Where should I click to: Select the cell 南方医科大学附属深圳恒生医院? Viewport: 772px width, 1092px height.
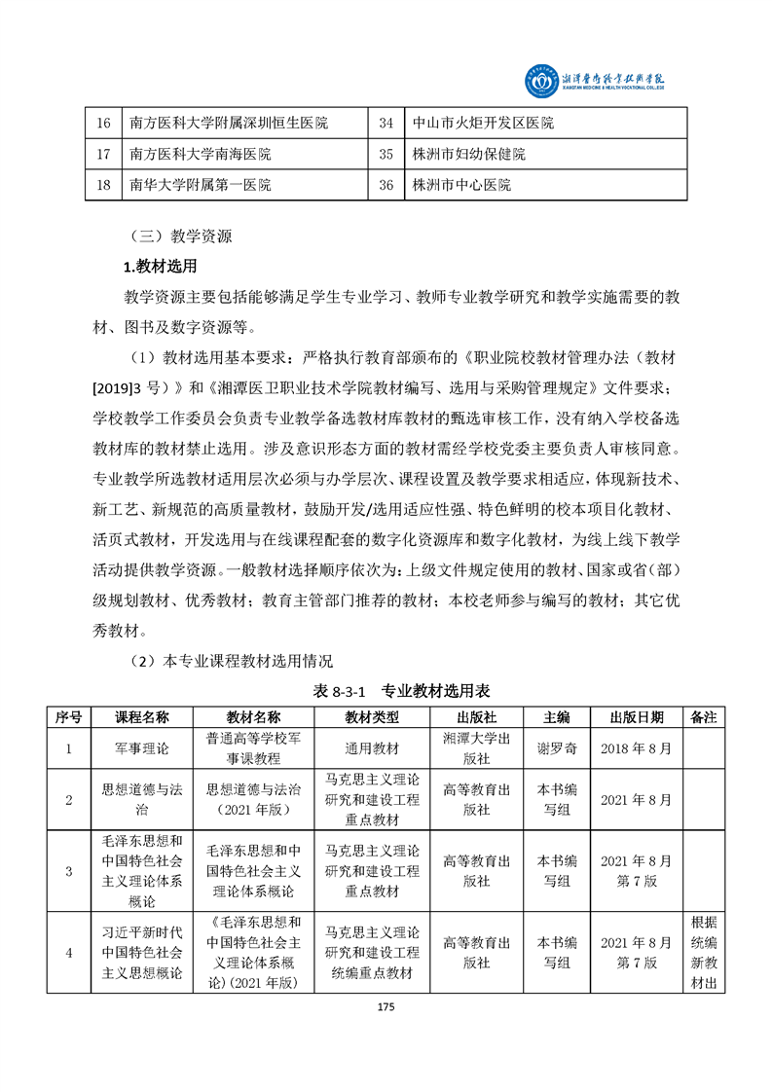(228, 124)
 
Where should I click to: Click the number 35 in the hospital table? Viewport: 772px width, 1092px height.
(386, 154)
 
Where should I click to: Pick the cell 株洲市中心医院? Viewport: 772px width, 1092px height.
(460, 184)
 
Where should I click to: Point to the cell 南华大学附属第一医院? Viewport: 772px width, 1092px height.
(200, 184)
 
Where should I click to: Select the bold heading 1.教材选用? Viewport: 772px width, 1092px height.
(160, 266)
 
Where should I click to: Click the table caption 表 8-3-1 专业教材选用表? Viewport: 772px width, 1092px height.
(401, 691)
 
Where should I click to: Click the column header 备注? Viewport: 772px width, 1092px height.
(703, 717)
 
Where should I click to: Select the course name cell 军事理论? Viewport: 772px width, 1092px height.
(142, 748)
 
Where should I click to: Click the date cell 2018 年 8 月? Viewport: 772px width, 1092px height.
(637, 748)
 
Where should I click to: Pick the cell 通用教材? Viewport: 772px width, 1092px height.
(372, 748)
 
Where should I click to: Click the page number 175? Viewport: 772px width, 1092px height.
(386, 1008)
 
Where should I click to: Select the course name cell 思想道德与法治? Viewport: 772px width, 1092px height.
(142, 799)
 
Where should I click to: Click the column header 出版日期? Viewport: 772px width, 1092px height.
(637, 717)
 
